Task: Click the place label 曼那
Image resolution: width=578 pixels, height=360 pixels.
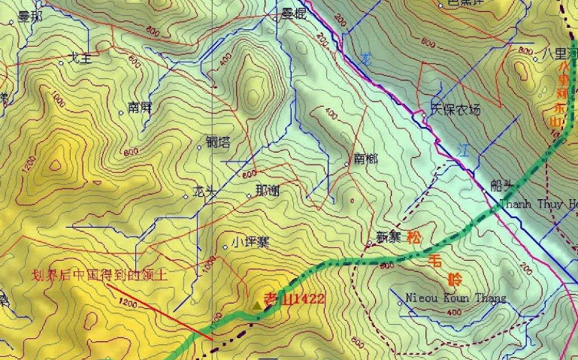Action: (30, 17)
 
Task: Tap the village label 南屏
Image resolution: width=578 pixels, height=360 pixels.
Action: (141, 107)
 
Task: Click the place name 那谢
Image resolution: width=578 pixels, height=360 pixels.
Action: (268, 191)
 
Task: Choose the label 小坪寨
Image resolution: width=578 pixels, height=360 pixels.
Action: (250, 242)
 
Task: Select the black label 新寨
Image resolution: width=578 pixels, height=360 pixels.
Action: (389, 237)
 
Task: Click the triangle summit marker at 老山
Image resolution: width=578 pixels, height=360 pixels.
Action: (257, 305)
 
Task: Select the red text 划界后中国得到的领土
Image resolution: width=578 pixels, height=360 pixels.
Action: (98, 275)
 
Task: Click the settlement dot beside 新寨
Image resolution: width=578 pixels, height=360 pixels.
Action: (370, 243)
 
